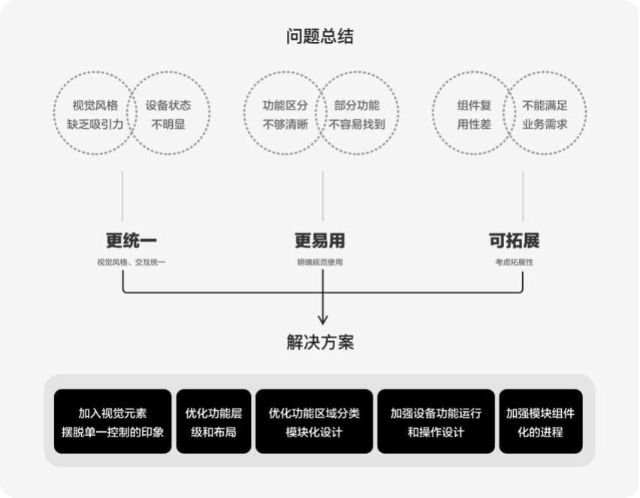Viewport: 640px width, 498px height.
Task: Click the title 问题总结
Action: pos(319,36)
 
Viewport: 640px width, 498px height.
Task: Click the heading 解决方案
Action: pos(320,343)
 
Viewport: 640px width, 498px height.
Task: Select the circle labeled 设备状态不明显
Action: pos(168,114)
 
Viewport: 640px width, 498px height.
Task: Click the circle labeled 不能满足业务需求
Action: pos(545,114)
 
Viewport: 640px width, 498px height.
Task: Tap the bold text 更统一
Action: pos(131,241)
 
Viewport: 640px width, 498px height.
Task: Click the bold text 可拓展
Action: pos(515,241)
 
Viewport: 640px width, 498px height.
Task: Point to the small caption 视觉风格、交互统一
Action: pos(131,262)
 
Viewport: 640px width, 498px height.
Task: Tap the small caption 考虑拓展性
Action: pos(515,262)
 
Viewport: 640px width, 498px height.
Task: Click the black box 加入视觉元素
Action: pos(113,421)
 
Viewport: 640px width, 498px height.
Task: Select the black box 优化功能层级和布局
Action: pos(213,421)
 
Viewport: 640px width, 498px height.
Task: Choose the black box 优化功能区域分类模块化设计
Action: pos(314,421)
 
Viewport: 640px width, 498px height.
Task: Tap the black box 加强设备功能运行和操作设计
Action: pos(436,421)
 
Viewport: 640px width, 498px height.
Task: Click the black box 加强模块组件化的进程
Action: pos(540,421)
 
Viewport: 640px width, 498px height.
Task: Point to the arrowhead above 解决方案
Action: pos(323,318)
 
